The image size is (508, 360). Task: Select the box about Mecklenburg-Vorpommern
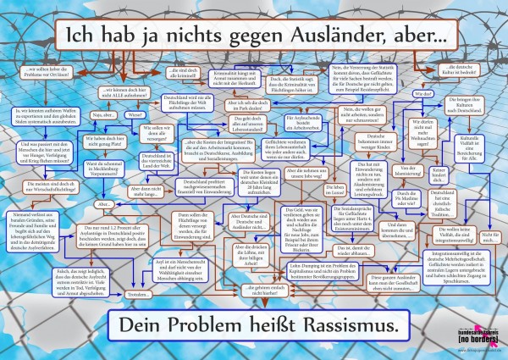point(103,166)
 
